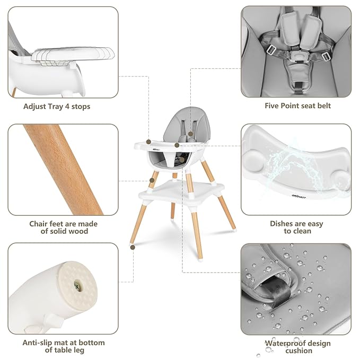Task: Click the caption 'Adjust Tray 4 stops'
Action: (x=57, y=107)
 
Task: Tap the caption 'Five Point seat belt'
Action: (x=297, y=106)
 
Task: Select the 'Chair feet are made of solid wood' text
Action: (x=63, y=227)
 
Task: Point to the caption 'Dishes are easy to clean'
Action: (x=296, y=227)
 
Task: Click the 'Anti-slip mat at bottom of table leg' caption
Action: (x=63, y=346)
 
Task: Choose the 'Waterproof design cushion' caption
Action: (x=297, y=347)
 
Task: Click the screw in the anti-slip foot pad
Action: (x=78, y=285)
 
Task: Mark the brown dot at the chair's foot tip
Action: (x=131, y=246)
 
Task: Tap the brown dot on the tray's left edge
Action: (x=149, y=142)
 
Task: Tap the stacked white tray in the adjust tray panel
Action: (x=74, y=54)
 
